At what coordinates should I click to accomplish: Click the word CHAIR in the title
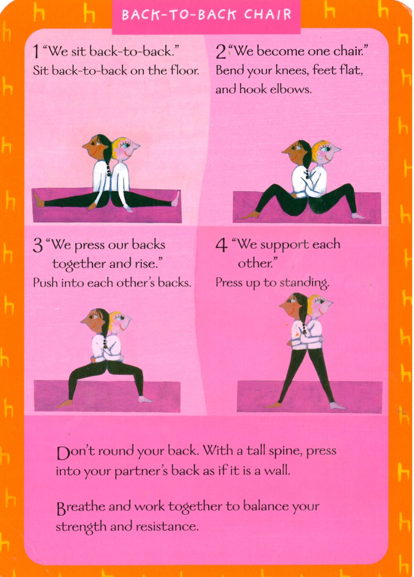pos(267,15)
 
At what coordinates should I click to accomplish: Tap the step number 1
pos(37,52)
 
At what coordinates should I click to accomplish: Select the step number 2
pos(221,52)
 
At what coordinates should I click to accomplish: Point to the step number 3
pos(38,245)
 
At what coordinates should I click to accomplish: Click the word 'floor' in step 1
pos(185,70)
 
